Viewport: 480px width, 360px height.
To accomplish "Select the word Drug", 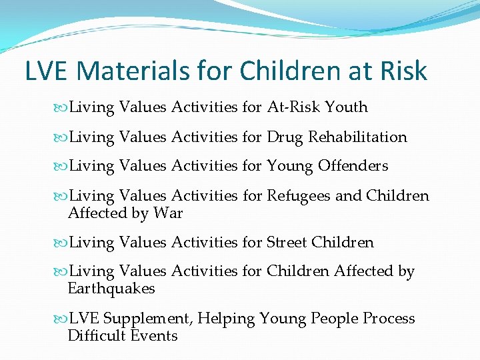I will pyautogui.click(x=284, y=137).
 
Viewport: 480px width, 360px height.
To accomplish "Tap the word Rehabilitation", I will pyautogui.click(x=357, y=137).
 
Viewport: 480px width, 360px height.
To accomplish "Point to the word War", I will pyautogui.click(x=170, y=213).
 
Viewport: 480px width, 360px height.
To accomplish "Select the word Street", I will pyautogui.click(x=287, y=243).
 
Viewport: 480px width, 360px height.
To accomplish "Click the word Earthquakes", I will pyautogui.click(x=111, y=289).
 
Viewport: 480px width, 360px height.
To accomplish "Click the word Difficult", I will pyautogui.click(x=94, y=335).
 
